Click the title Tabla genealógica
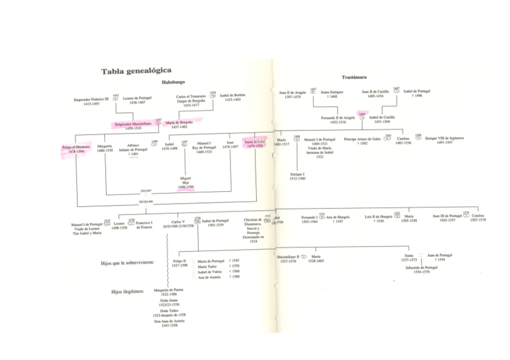point(137,70)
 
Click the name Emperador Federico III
point(91,99)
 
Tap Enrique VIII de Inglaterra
point(444,138)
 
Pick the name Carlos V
point(178,221)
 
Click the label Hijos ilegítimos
point(128,291)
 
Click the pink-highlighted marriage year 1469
point(362,113)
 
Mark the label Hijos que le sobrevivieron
point(127,262)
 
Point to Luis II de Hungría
point(378,216)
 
